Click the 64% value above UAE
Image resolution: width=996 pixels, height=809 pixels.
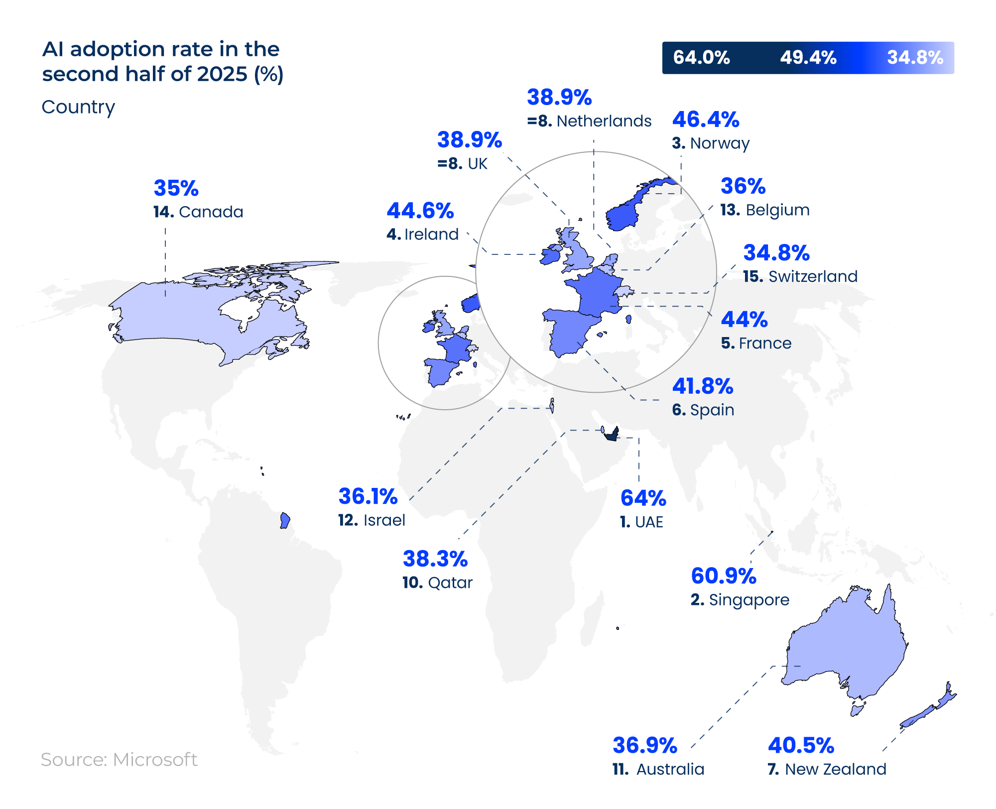pos(643,498)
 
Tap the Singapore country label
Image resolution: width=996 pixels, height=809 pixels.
pos(748,600)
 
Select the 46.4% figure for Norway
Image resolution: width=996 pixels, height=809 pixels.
pos(705,120)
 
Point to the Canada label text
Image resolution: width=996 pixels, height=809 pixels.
pos(211,212)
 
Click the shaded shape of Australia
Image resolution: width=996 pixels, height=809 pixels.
pos(847,647)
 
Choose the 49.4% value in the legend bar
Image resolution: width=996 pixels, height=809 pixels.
pos(808,58)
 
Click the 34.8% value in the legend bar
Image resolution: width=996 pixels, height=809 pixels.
pos(915,58)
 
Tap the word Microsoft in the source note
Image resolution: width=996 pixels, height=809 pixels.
pos(155,760)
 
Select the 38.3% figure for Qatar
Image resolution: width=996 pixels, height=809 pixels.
pos(435,559)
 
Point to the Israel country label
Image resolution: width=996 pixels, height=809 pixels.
pos(384,520)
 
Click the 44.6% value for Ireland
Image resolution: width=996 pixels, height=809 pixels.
pos(420,211)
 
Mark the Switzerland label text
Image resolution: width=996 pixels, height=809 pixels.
pos(813,277)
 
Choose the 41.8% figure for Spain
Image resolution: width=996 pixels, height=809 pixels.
pos(702,387)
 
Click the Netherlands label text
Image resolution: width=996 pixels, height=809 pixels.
pos(604,121)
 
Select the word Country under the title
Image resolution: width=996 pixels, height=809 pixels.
pos(78,107)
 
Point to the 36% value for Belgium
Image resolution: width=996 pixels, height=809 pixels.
pos(743,187)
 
